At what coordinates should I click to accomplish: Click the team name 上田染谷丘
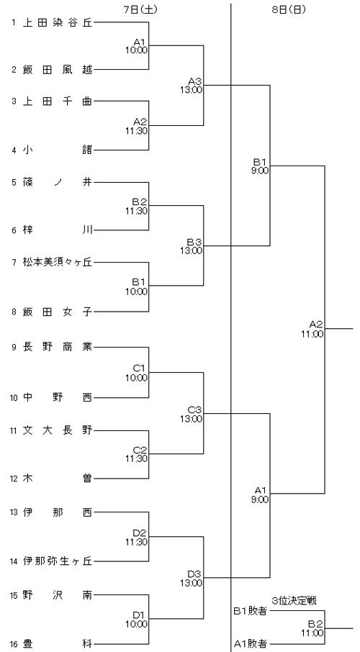click(58, 23)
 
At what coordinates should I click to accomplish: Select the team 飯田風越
click(58, 70)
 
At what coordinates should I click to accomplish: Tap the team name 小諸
click(58, 150)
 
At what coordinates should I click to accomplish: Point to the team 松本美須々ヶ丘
click(58, 262)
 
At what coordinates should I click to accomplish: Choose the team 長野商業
click(58, 347)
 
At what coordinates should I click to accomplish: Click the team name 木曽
click(58, 478)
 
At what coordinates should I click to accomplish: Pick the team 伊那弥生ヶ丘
click(58, 561)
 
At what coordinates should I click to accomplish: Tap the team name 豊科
click(58, 643)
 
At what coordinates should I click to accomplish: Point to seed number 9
click(14, 347)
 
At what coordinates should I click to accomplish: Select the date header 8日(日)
click(289, 10)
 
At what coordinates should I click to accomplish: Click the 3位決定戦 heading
click(294, 601)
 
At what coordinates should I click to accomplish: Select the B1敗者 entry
click(250, 611)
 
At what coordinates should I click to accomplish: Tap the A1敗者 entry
click(250, 643)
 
